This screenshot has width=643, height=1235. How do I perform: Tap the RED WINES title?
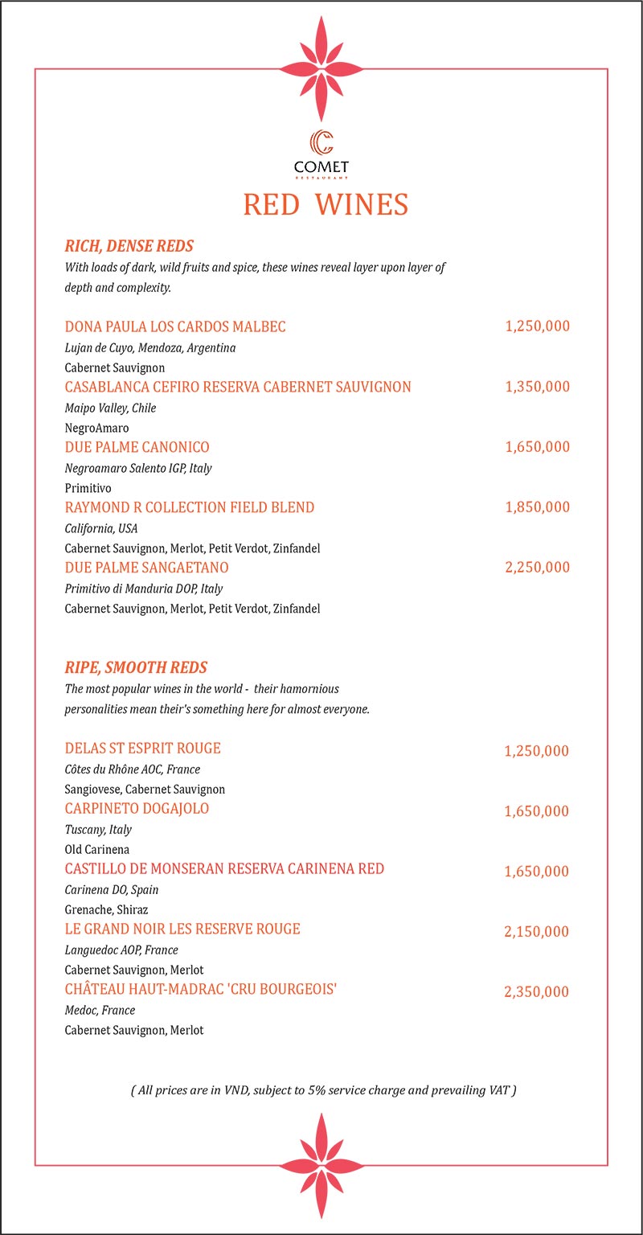326,204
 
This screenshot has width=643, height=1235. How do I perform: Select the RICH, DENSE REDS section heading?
129,246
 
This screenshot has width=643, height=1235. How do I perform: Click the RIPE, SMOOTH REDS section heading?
136,667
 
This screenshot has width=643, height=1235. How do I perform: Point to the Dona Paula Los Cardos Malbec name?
175,326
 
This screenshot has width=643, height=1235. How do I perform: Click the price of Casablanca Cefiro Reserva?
537,387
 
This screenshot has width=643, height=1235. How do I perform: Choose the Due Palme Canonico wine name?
137,447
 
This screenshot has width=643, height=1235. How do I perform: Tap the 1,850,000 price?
537,507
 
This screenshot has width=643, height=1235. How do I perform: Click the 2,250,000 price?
537,568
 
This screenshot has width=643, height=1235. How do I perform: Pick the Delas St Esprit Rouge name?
142,749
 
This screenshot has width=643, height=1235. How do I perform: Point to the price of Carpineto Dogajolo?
536,811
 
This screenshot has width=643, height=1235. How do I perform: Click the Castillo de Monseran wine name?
224,869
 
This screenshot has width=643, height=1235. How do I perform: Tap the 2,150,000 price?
536,932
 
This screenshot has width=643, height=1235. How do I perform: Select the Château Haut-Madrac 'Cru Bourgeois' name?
200,990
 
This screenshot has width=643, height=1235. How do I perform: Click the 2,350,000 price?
536,992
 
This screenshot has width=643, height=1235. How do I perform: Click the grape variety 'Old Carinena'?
96,849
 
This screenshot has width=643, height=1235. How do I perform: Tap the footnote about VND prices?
323,1090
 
